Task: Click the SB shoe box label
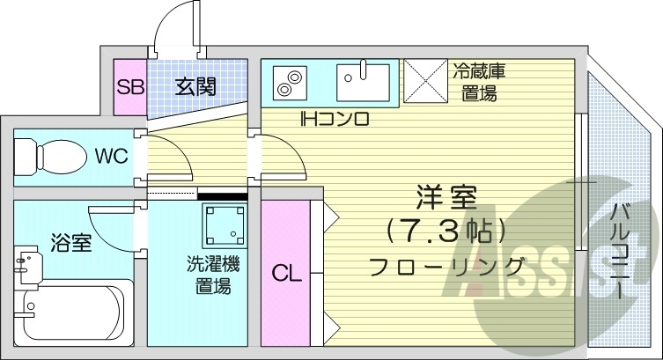click(130, 87)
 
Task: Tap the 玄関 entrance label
click(195, 87)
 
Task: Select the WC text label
click(112, 157)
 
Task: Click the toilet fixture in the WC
click(44, 158)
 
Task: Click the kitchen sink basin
click(365, 82)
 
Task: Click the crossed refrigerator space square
click(426, 82)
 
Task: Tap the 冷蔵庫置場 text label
click(480, 82)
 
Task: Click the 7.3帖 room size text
click(446, 231)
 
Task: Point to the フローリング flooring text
click(446, 265)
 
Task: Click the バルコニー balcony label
click(620, 251)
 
